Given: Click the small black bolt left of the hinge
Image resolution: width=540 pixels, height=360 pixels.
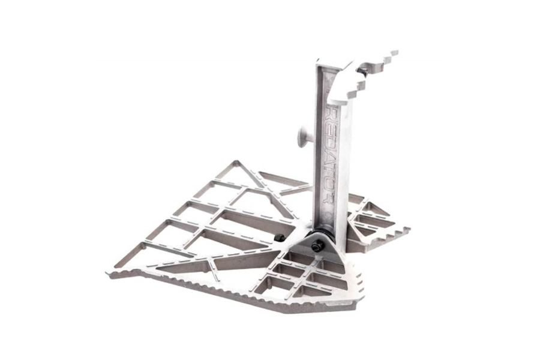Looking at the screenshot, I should point(279,239).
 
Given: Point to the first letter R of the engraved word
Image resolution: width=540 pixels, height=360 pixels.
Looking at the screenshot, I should point(329,112).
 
